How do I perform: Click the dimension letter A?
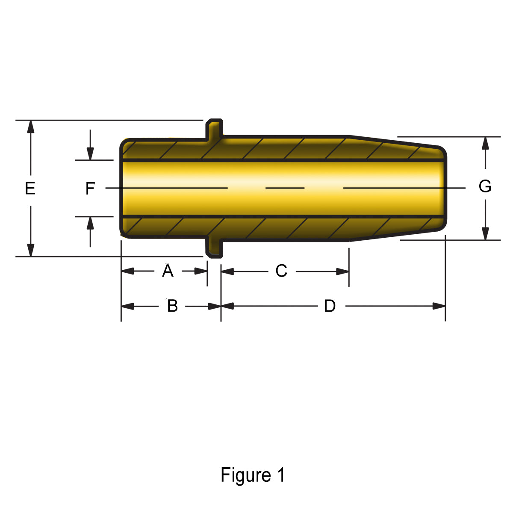(168, 271)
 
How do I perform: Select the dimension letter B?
(172, 306)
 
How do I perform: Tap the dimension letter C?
(281, 271)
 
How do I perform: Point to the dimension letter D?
(330, 306)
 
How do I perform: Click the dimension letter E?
(30, 188)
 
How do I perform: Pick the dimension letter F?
(90, 189)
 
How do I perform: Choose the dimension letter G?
(485, 186)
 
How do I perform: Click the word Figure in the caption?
(245, 475)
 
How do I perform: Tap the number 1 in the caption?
(280, 475)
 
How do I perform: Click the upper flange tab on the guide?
(215, 128)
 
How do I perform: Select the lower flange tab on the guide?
(215, 248)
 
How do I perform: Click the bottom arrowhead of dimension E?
(30, 250)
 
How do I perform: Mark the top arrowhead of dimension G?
(485, 143)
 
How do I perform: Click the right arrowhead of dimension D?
(439, 306)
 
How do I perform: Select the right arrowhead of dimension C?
(343, 271)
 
